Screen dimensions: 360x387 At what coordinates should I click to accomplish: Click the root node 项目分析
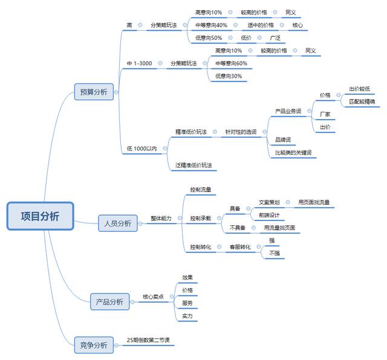click(x=40, y=216)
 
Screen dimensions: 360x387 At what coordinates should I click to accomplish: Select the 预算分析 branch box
click(x=93, y=92)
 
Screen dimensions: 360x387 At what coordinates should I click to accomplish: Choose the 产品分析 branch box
click(x=109, y=301)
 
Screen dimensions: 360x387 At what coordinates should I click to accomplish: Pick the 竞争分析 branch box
click(x=93, y=345)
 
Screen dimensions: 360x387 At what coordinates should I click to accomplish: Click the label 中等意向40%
click(x=212, y=25)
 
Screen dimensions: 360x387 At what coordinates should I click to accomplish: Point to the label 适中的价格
click(x=261, y=25)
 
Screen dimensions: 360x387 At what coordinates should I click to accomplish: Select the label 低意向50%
click(x=209, y=38)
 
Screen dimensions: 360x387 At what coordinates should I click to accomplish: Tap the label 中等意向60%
click(x=231, y=63)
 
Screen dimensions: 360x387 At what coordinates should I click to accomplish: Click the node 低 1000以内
click(x=142, y=148)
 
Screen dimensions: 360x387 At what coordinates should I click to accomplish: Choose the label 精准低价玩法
click(x=191, y=132)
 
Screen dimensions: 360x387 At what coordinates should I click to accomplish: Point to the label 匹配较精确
click(x=362, y=101)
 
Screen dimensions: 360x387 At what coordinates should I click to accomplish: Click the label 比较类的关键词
click(x=293, y=153)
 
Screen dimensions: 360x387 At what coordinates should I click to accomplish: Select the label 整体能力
click(x=161, y=218)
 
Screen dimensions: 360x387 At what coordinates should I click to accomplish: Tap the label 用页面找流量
click(x=314, y=202)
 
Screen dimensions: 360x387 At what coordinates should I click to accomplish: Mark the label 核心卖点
click(x=153, y=297)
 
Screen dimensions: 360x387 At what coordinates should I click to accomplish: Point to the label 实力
click(x=187, y=316)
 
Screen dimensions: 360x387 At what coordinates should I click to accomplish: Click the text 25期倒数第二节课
click(x=150, y=339)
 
